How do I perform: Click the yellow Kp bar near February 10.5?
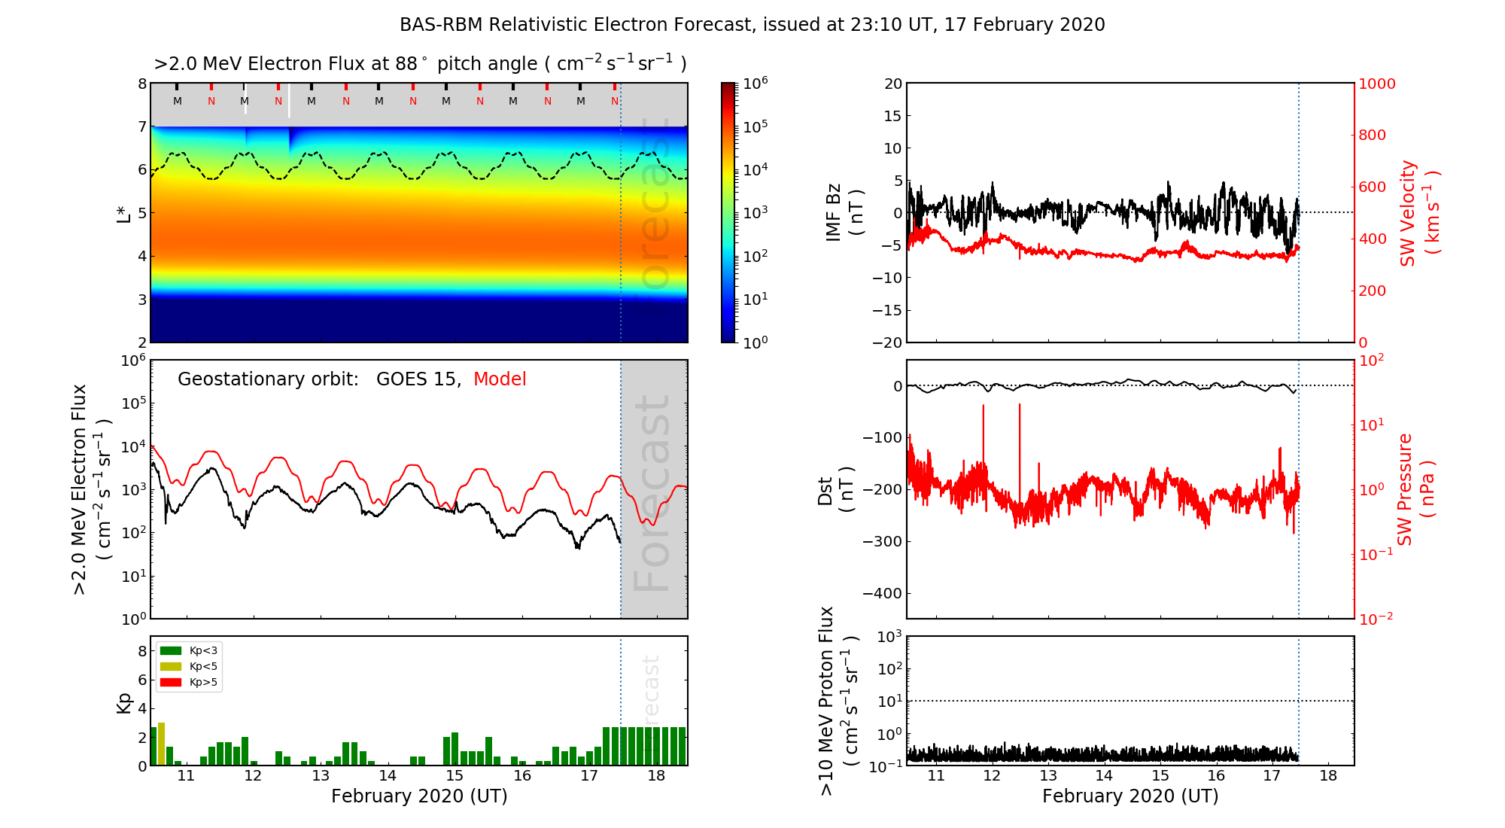[161, 744]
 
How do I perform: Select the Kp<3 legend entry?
[190, 650]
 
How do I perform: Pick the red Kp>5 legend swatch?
[171, 683]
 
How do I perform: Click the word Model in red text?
[500, 379]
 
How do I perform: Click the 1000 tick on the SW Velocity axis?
[1376, 84]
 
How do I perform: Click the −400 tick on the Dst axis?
[882, 593]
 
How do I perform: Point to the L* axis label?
[124, 213]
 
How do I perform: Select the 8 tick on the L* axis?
[141, 84]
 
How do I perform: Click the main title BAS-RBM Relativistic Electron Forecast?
[752, 25]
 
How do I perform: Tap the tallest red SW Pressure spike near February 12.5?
[1020, 406]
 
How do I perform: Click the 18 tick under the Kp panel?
[656, 776]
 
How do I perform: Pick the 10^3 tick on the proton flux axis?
[889, 637]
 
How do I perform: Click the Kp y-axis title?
[124, 702]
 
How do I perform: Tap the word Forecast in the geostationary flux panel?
[652, 493]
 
